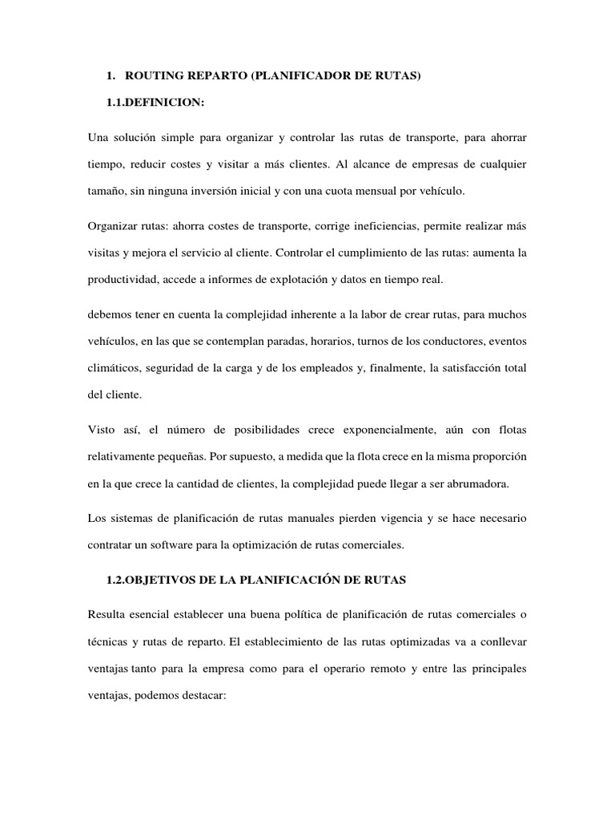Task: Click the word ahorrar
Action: coord(504,138)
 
